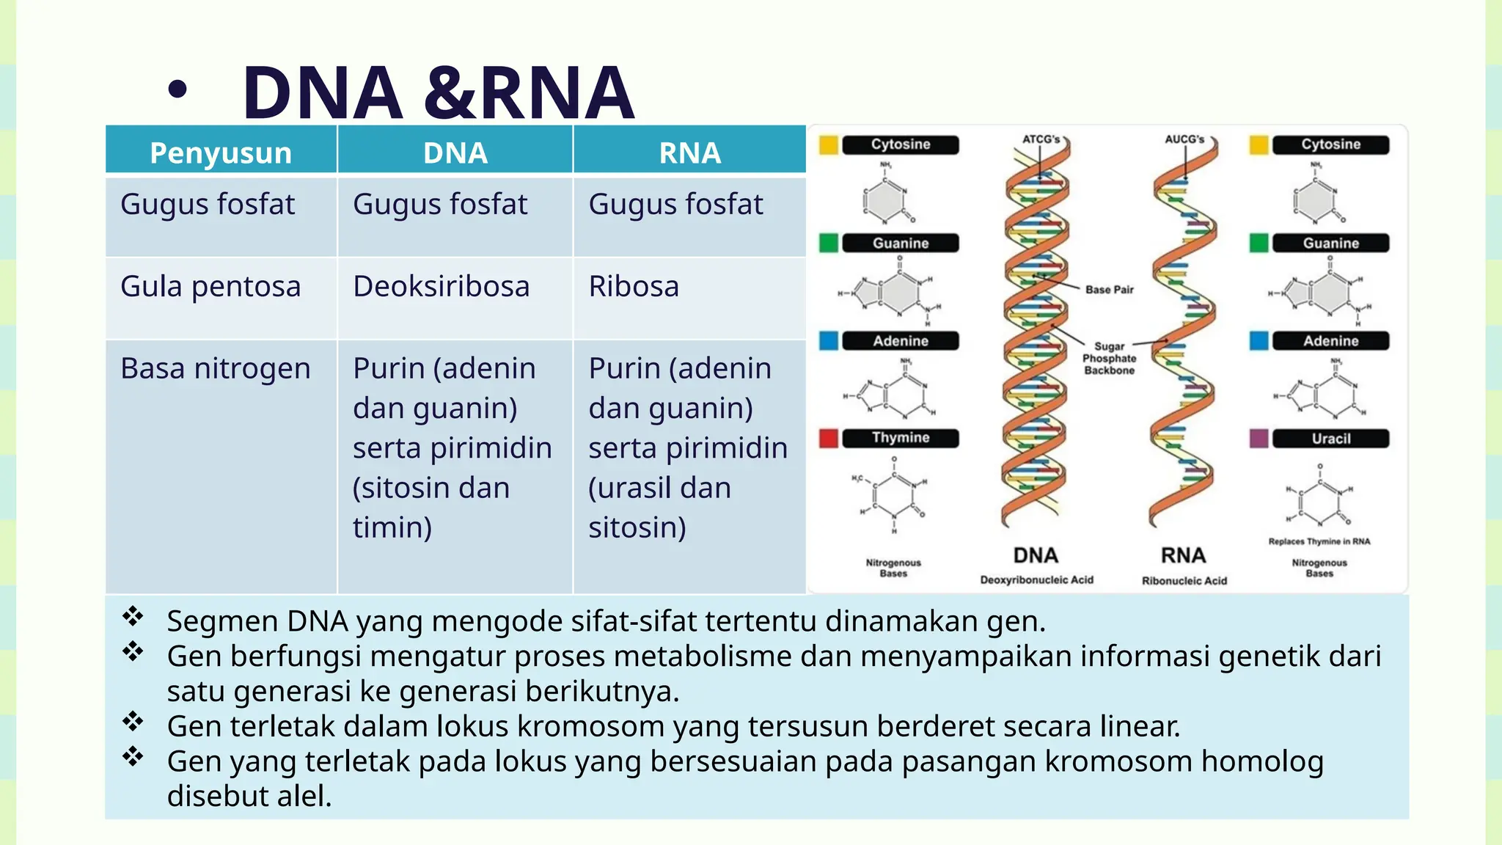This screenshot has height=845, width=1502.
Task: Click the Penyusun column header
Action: tap(221, 153)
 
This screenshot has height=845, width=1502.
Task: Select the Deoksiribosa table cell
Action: tap(441, 286)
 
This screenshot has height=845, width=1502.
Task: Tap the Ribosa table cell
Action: tap(634, 286)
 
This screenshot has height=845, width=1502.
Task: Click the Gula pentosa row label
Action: tap(210, 286)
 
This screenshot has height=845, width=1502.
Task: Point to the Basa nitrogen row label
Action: tap(216, 368)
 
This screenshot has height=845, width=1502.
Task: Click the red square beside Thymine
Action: tap(828, 438)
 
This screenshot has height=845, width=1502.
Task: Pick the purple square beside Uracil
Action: tap(1259, 439)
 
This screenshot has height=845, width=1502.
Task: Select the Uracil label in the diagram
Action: tap(1330, 439)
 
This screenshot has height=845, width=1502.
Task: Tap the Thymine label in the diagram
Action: tap(900, 438)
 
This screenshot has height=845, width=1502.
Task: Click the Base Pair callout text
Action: tap(1109, 290)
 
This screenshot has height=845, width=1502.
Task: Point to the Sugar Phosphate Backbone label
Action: tap(1109, 358)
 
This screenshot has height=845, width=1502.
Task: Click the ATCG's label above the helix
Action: tap(1041, 139)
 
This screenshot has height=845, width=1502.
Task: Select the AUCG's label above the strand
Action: tap(1184, 139)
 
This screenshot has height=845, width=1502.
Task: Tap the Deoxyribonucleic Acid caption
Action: tap(1036, 579)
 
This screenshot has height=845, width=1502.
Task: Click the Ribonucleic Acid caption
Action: tap(1184, 580)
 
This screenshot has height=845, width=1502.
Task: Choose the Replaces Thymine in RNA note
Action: tap(1319, 541)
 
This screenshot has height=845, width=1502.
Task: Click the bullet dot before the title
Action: tap(177, 90)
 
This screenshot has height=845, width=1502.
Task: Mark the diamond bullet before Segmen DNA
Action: tap(133, 616)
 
